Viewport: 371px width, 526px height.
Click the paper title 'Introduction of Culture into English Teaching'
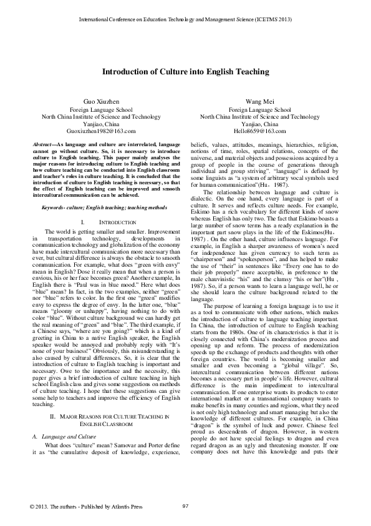coord(185,72)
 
